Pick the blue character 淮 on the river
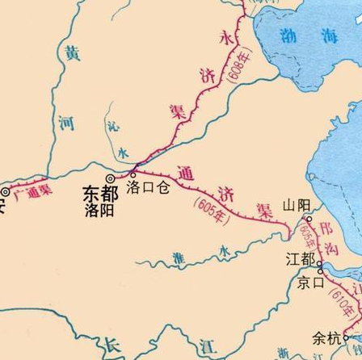[179, 257]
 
